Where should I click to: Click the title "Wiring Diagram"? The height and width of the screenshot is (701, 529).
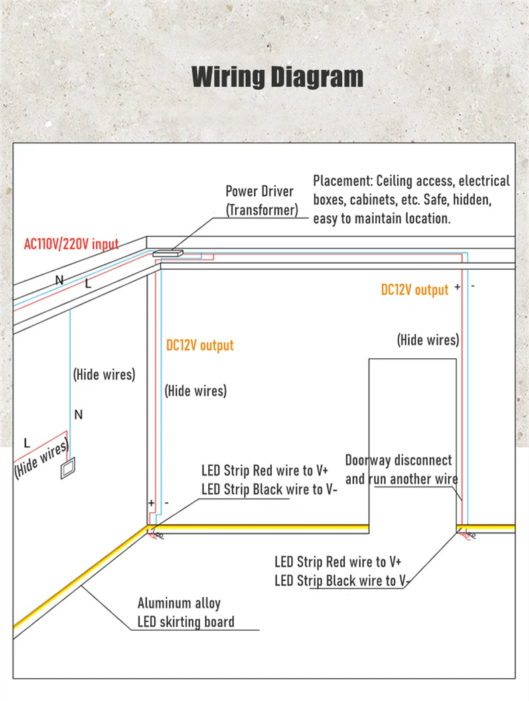click(277, 77)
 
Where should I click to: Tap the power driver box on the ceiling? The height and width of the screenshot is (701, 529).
click(169, 254)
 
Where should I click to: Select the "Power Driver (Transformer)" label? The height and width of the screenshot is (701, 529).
click(260, 201)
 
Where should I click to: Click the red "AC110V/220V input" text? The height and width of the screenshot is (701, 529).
click(71, 243)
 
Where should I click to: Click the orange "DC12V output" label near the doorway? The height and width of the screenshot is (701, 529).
click(414, 290)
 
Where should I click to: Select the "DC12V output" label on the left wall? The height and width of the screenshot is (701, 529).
click(200, 345)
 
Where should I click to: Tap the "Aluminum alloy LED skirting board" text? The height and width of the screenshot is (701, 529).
click(185, 613)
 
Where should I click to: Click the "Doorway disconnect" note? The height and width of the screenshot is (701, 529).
click(398, 461)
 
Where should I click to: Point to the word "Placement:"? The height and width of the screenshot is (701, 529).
click(343, 181)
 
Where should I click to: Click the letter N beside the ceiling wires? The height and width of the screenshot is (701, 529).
click(60, 280)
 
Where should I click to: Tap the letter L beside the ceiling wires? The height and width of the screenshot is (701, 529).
click(87, 284)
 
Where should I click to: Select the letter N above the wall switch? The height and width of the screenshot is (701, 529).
click(78, 415)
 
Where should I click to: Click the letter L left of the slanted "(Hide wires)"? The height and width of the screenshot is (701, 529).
click(27, 443)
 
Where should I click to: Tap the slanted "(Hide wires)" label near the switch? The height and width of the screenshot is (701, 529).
click(42, 459)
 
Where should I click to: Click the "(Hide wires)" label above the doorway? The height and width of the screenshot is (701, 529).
click(428, 340)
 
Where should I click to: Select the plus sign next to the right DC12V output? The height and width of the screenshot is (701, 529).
click(457, 287)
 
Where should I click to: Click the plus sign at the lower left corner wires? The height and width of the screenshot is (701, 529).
click(151, 502)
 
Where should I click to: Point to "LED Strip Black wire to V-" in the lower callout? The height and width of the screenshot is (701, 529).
click(342, 580)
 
